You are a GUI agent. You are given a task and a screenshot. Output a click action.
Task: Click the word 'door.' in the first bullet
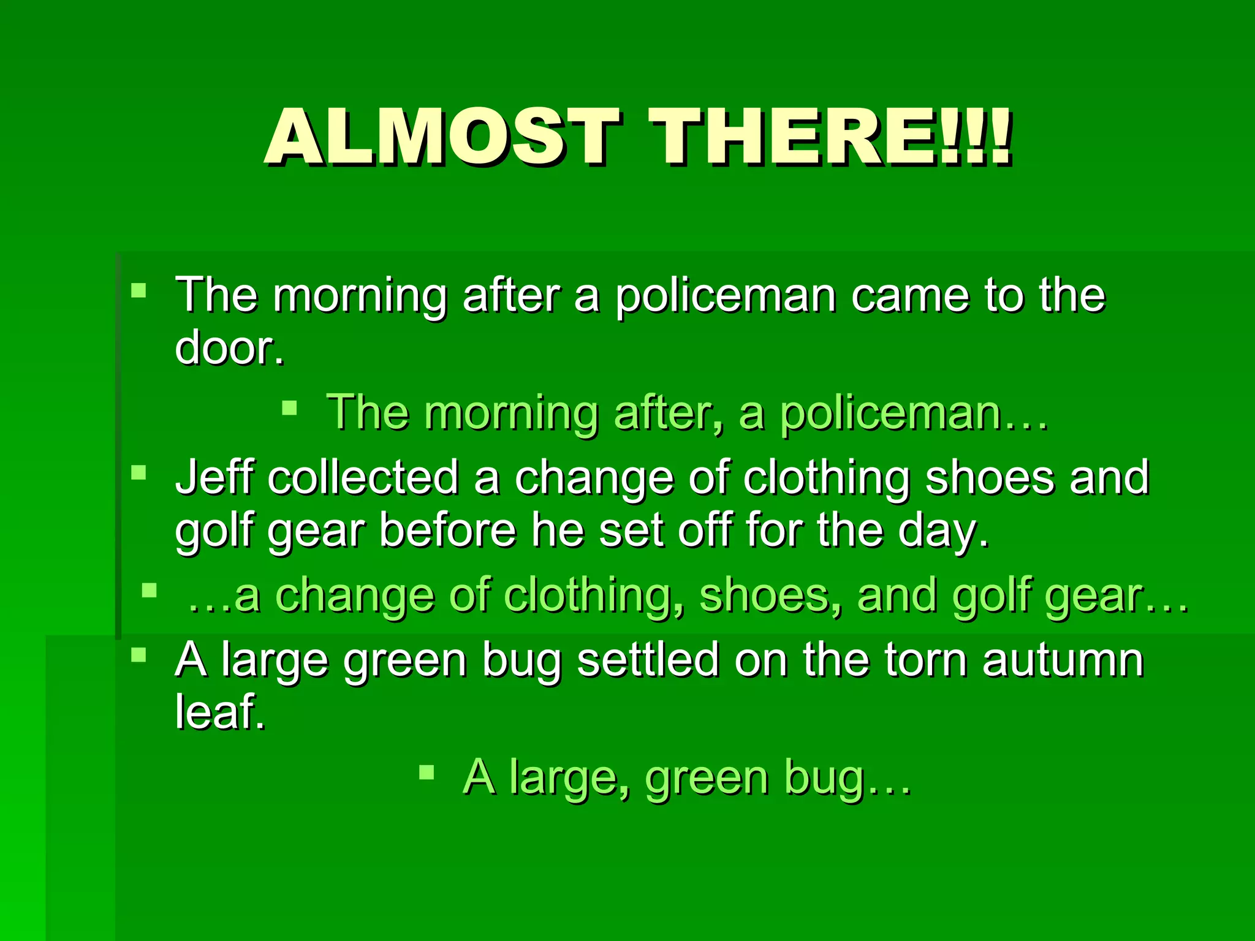tap(229, 348)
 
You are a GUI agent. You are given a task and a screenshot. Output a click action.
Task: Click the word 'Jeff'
tap(213, 477)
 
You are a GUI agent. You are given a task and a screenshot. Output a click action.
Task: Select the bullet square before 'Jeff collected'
tap(139, 472)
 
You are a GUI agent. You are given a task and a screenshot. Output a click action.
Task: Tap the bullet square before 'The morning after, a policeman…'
tap(289, 407)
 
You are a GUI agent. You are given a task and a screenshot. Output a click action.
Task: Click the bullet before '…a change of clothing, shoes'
tap(149, 591)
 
